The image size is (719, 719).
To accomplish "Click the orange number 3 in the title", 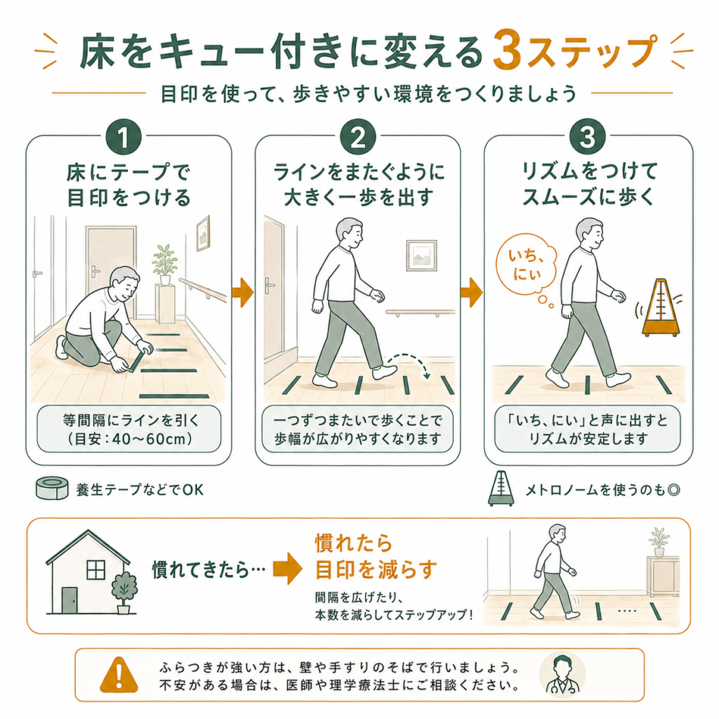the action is tap(507, 50).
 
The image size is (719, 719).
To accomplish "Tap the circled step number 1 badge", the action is tap(124, 137).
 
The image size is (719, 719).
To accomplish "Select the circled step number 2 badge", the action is tap(358, 137).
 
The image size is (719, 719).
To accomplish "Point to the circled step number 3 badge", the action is tap(588, 137).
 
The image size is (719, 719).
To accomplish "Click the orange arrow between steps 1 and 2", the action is tap(243, 291).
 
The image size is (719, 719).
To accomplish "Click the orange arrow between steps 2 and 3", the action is tap(472, 291).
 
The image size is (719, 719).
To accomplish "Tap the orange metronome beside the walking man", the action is tap(660, 308).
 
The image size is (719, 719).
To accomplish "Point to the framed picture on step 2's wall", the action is tap(421, 255).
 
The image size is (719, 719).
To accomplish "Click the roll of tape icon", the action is tap(52, 488).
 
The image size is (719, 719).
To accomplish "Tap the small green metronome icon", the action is tap(501, 489).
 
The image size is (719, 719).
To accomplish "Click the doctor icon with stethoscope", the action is tap(562, 675).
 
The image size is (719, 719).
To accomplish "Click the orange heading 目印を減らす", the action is tap(376, 569).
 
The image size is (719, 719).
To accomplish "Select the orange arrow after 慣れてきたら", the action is tap(287, 569).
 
